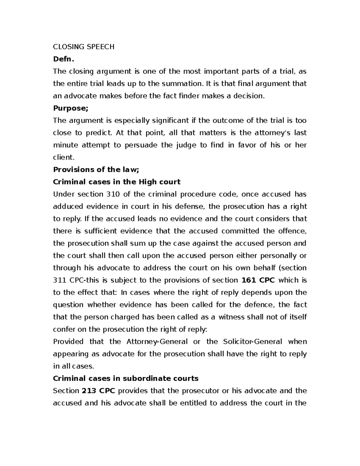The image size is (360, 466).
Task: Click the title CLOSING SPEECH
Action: point(84,47)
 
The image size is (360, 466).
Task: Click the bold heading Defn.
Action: point(63,59)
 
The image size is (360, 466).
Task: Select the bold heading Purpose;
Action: point(71,108)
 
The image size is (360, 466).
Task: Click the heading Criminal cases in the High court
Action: point(117,182)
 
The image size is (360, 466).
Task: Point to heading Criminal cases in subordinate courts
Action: point(126,378)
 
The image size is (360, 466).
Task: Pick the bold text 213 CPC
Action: point(98,391)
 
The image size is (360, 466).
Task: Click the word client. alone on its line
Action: point(63,157)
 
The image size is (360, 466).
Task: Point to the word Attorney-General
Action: point(157,342)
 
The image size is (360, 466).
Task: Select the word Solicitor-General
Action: point(253,342)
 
